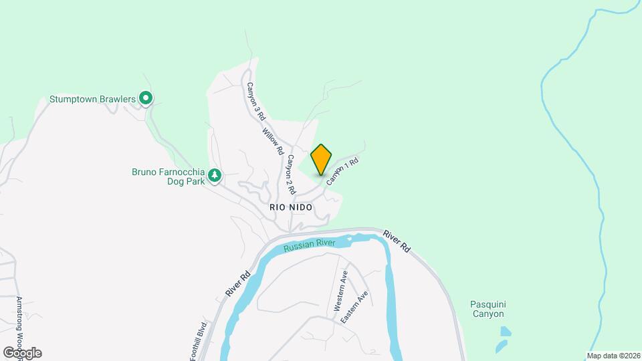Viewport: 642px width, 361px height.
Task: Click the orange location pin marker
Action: click(x=321, y=159)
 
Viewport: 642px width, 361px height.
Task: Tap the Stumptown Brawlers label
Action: click(x=92, y=100)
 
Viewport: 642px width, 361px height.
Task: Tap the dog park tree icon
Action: click(x=215, y=176)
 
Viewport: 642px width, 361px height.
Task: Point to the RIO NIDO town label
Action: click(x=291, y=207)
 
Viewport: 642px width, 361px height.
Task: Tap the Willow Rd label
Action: click(x=273, y=141)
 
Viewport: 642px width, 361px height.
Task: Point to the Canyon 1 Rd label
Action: click(x=343, y=171)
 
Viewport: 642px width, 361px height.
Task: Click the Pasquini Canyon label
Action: click(x=487, y=308)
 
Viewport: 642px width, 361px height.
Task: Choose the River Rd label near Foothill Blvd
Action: click(x=237, y=283)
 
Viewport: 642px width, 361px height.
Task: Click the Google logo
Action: click(x=22, y=353)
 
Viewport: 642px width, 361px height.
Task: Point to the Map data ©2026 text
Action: click(x=613, y=355)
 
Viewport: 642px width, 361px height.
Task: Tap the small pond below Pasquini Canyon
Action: click(x=506, y=332)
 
